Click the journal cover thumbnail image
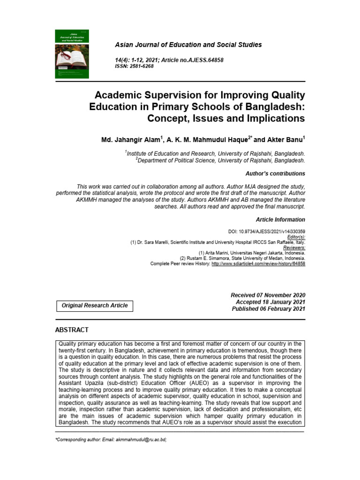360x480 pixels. [x=74, y=54]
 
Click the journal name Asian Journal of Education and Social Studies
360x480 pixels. [x=188, y=45]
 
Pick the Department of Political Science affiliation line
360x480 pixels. [x=221, y=160]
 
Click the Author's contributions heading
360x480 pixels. [x=275, y=173]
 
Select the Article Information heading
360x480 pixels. [x=280, y=219]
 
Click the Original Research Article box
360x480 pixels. [x=95, y=306]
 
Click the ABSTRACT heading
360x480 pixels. [x=72, y=330]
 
